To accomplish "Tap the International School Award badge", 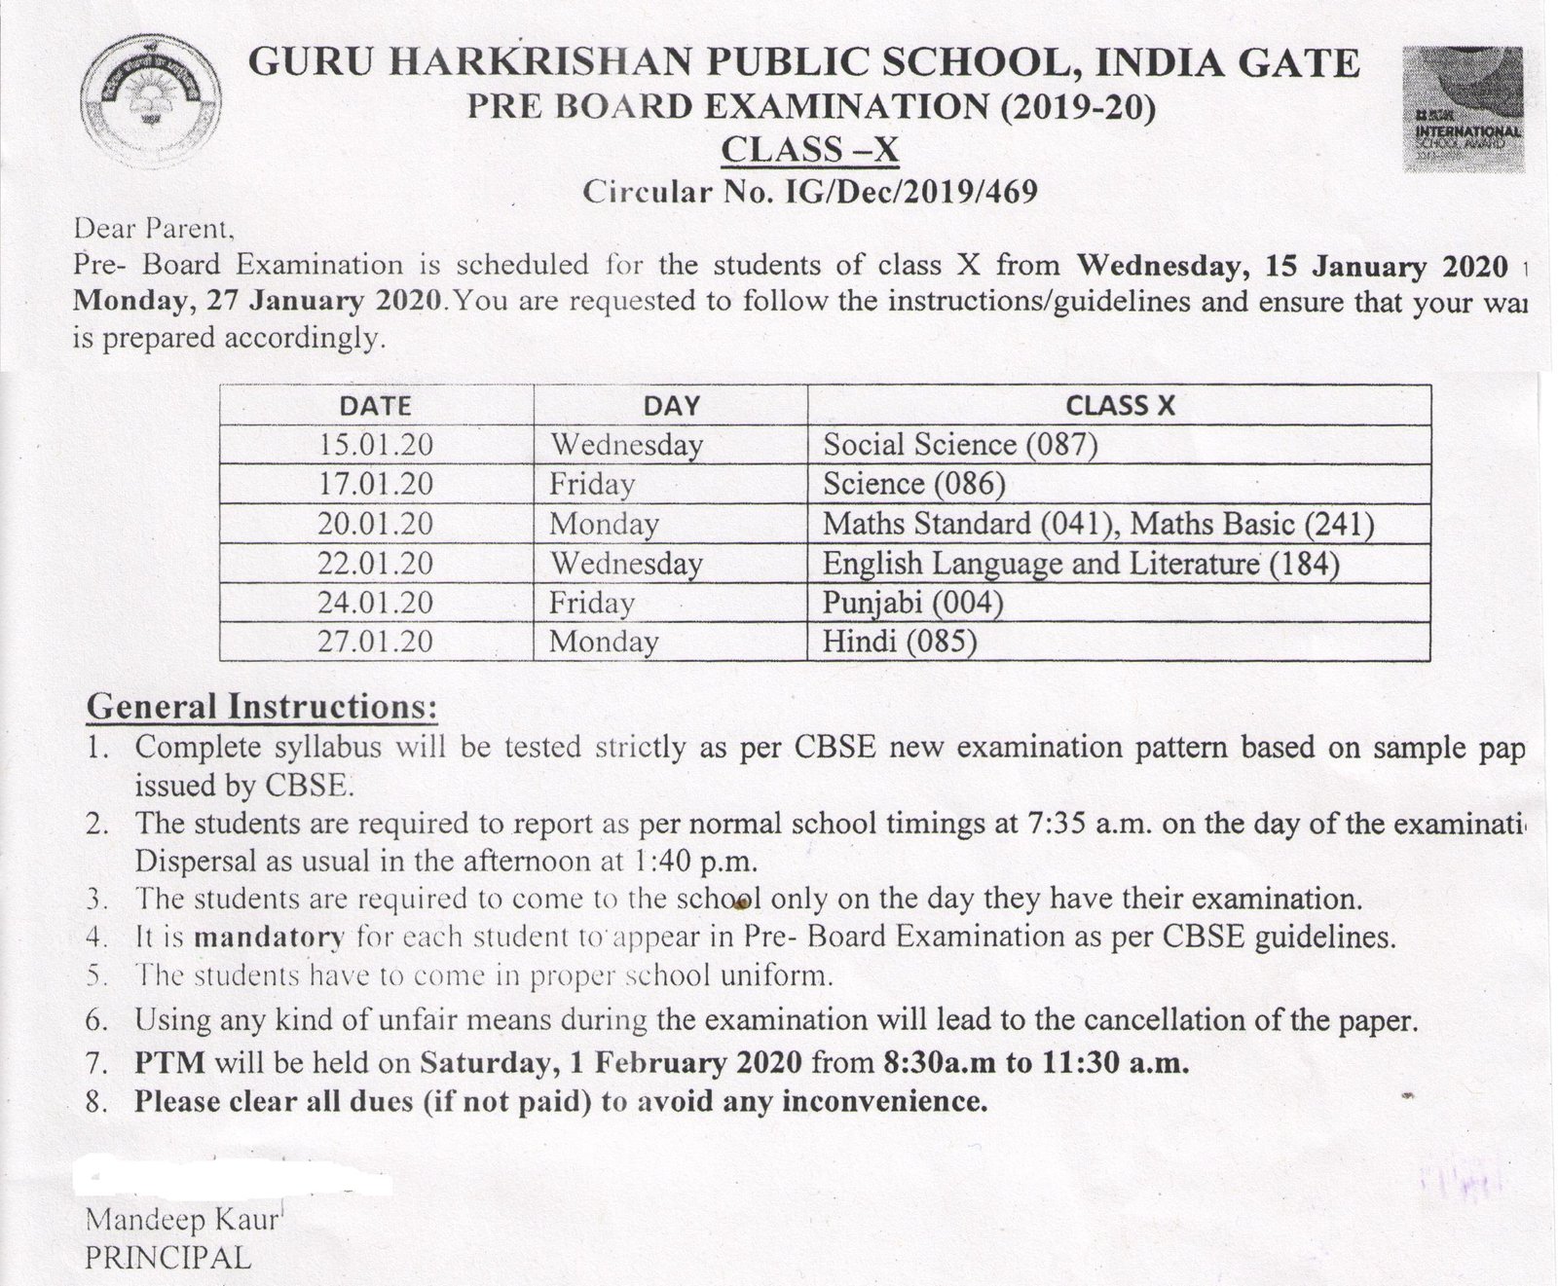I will [1463, 109].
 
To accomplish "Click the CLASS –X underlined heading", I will [808, 150].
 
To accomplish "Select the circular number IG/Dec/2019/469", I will [909, 192].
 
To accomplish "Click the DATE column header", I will [376, 405].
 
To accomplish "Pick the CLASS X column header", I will [1119, 405].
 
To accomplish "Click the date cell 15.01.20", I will [376, 445].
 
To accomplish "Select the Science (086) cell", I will [913, 484].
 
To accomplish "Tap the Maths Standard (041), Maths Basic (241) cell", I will [1097, 524].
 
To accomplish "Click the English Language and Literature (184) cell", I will [1081, 564].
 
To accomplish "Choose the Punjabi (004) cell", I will [912, 603].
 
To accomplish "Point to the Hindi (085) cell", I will [899, 642].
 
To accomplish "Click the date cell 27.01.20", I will [376, 642].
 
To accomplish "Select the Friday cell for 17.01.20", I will [592, 484].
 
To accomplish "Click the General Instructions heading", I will [262, 707].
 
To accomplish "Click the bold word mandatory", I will [270, 937].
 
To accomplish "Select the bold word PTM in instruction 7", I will [169, 1062].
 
